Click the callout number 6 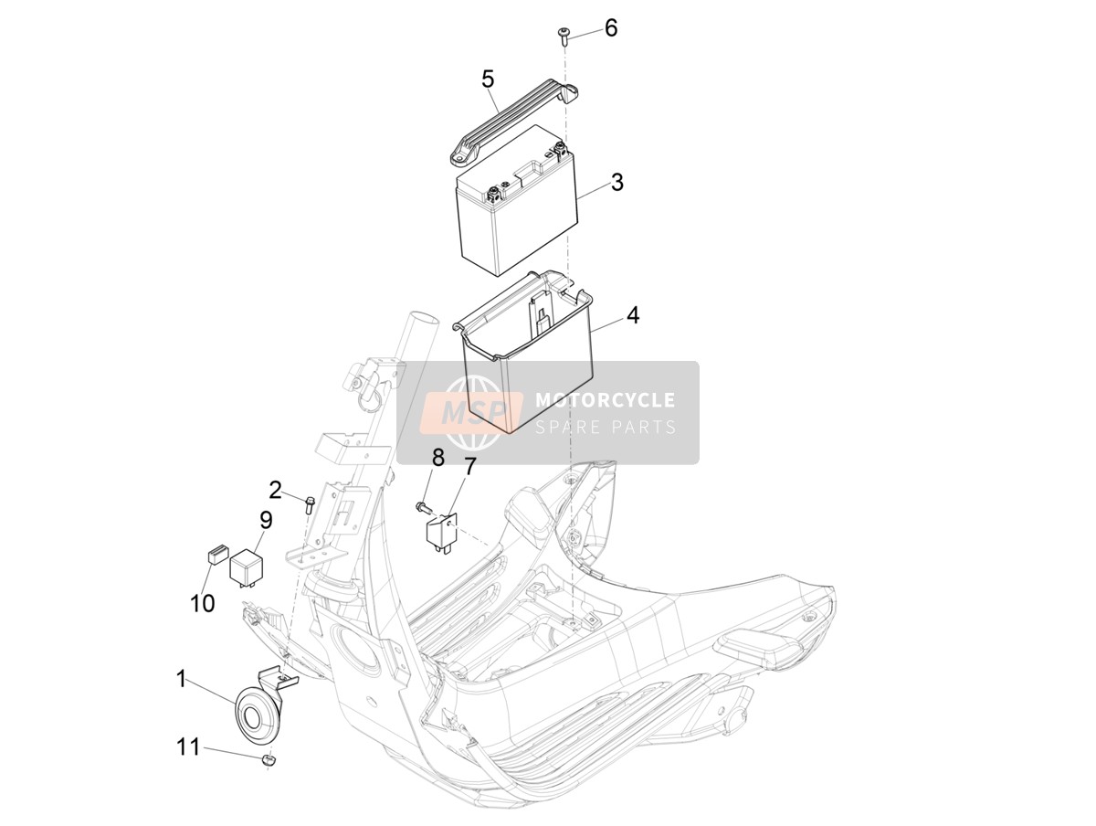(x=611, y=28)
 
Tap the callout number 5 (x=488, y=79)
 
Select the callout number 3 (x=617, y=182)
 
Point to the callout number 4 (x=633, y=315)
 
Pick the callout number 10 (x=202, y=603)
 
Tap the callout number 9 (x=266, y=520)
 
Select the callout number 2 (x=275, y=490)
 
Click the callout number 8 (x=437, y=457)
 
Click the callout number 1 (x=181, y=679)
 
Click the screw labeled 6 (x=563, y=37)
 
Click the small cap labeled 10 (x=216, y=554)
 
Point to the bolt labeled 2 (x=309, y=504)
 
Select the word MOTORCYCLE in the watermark (x=605, y=399)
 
